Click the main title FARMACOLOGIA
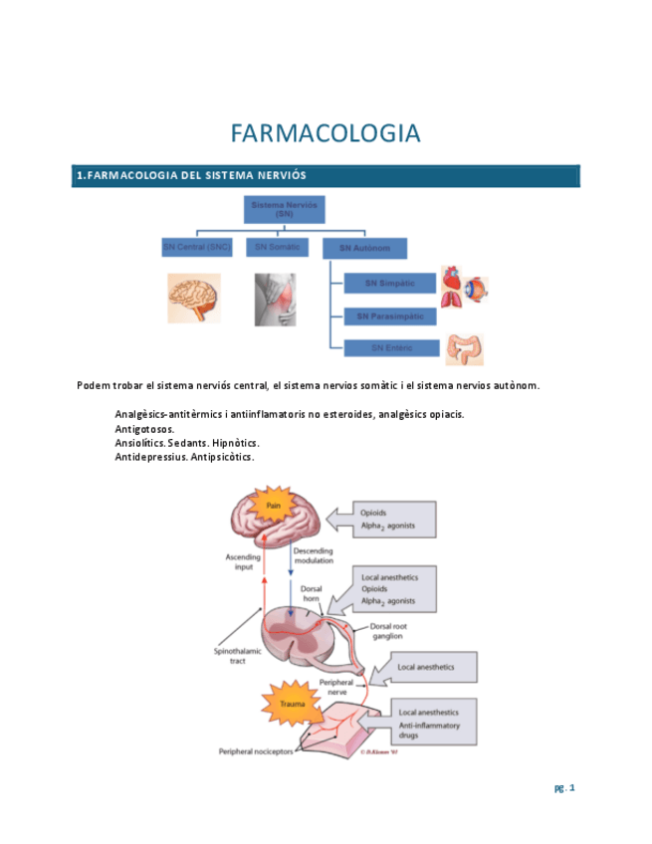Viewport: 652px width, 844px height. [x=326, y=133]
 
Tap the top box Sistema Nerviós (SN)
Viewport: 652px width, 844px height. [x=285, y=209]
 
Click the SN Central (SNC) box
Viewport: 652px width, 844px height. [x=197, y=247]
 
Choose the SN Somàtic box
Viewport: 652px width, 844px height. [x=277, y=247]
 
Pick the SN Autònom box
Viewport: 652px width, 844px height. [x=364, y=248]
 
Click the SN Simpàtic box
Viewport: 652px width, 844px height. [x=388, y=284]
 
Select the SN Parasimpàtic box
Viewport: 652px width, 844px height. [x=389, y=316]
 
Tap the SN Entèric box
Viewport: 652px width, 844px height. [x=389, y=348]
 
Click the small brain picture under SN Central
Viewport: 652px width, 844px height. [x=194, y=298]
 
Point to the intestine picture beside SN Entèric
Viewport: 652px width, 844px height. [x=464, y=349]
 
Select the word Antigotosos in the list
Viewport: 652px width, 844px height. [x=144, y=429]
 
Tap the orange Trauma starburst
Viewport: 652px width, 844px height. [x=291, y=703]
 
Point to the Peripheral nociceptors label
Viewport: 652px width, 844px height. [x=256, y=751]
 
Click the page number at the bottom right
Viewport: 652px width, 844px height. [x=564, y=788]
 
